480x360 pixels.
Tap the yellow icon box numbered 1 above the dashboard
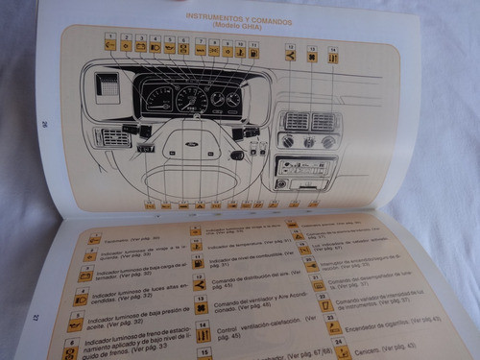(111, 44)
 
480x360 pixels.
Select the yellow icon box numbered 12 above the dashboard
(291, 56)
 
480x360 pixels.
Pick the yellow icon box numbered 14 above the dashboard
(332, 57)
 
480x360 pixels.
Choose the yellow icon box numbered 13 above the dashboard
(312, 56)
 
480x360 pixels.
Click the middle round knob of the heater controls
(309, 142)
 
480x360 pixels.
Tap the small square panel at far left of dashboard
(108, 84)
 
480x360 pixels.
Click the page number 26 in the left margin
(45, 122)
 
